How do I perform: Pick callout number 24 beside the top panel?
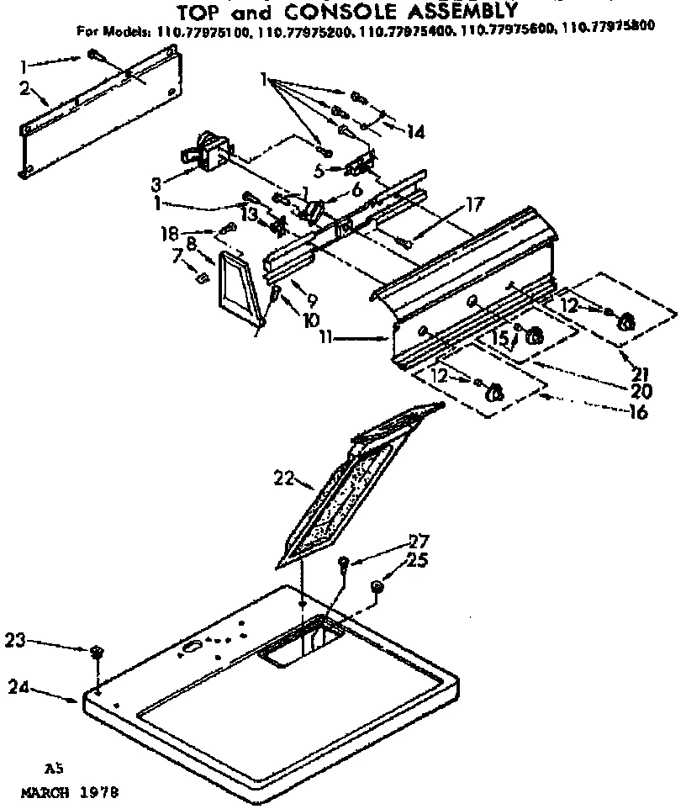click(20, 687)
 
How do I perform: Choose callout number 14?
click(414, 131)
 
